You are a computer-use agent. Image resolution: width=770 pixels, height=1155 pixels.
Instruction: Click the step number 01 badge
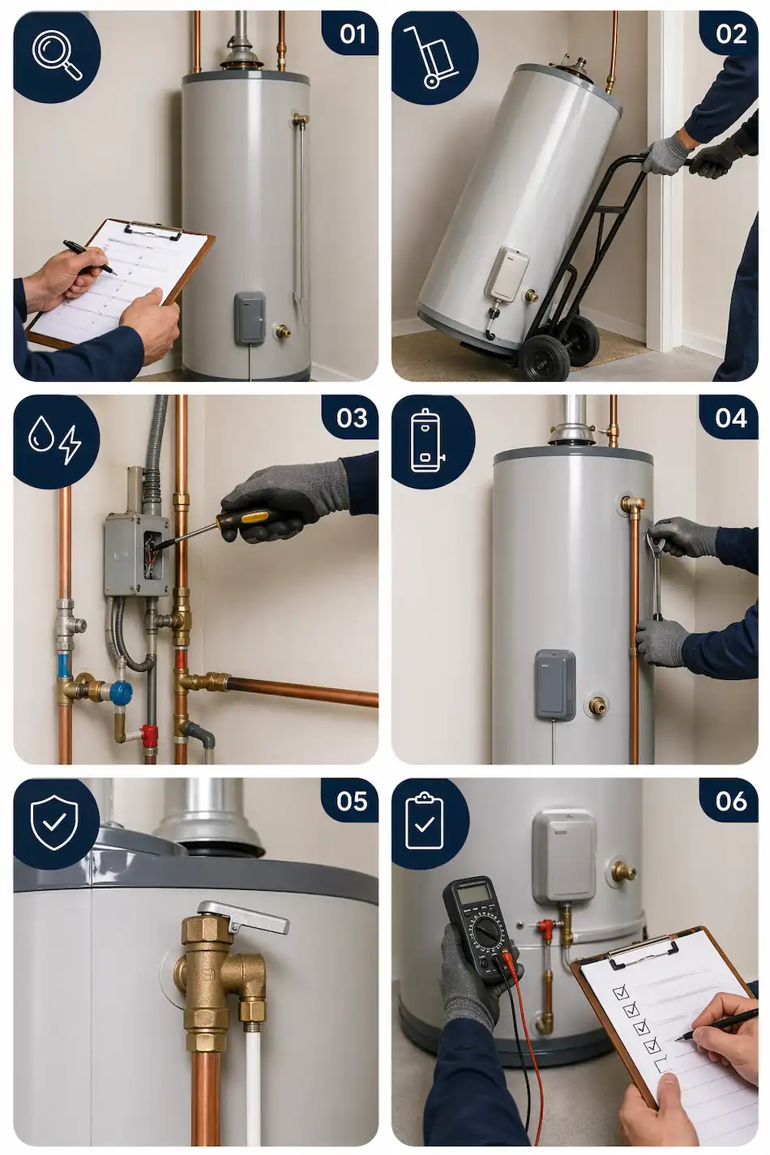(352, 33)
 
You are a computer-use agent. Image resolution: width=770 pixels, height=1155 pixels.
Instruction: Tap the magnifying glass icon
(56, 55)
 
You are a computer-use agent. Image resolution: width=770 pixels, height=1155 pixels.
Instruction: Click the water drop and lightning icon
(55, 439)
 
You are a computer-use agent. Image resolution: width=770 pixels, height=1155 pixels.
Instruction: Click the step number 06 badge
(730, 801)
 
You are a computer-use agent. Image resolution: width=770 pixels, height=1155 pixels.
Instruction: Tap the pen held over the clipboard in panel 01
(88, 257)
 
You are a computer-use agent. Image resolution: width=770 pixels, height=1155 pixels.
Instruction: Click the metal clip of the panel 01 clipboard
(153, 232)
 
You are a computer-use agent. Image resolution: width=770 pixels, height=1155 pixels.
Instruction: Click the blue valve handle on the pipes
(121, 692)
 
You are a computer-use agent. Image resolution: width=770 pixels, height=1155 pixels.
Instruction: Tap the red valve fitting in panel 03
(149, 734)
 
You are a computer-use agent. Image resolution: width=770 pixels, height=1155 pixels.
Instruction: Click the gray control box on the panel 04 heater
(555, 684)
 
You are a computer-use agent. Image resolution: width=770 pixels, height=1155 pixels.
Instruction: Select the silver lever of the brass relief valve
(242, 917)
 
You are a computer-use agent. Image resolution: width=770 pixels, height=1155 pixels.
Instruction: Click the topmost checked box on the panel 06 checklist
(622, 991)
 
